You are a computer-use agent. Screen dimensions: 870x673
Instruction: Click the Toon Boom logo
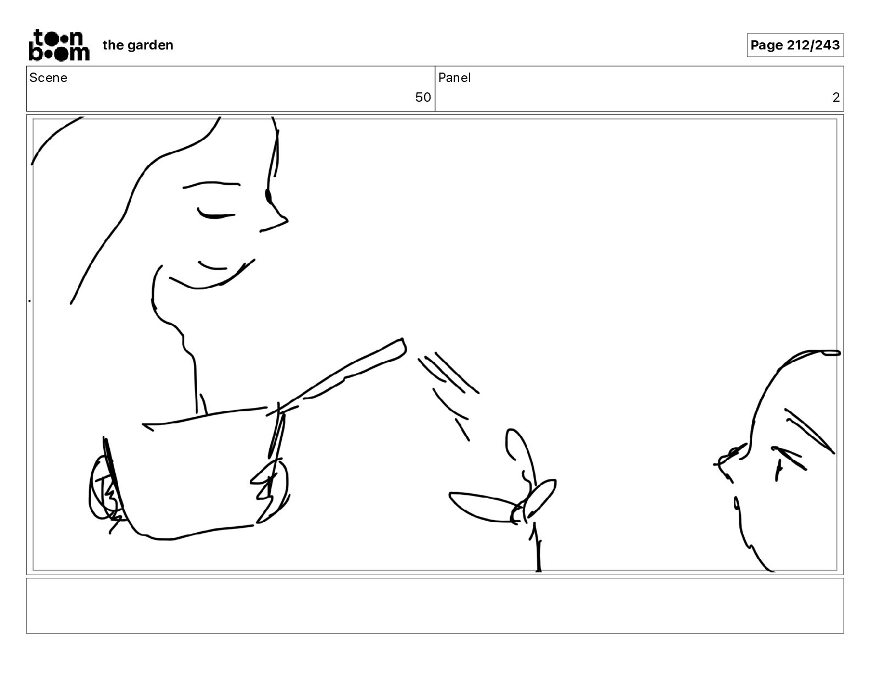pos(59,45)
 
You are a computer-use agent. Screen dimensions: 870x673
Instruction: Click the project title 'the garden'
pos(138,45)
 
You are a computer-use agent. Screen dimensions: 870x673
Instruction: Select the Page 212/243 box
pos(795,45)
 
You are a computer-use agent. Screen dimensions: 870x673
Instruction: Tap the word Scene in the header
pos(48,78)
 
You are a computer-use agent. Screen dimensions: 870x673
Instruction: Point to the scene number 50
pos(423,97)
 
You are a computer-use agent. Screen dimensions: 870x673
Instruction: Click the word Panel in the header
pos(454,78)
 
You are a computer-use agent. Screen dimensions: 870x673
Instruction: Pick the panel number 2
pos(836,97)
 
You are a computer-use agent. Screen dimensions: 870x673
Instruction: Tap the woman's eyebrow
pos(211,185)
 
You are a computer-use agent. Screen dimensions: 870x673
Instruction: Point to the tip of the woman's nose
pos(287,219)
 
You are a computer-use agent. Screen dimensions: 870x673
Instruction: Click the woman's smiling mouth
pos(212,277)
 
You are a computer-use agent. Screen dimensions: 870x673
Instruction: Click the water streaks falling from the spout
pos(448,391)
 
